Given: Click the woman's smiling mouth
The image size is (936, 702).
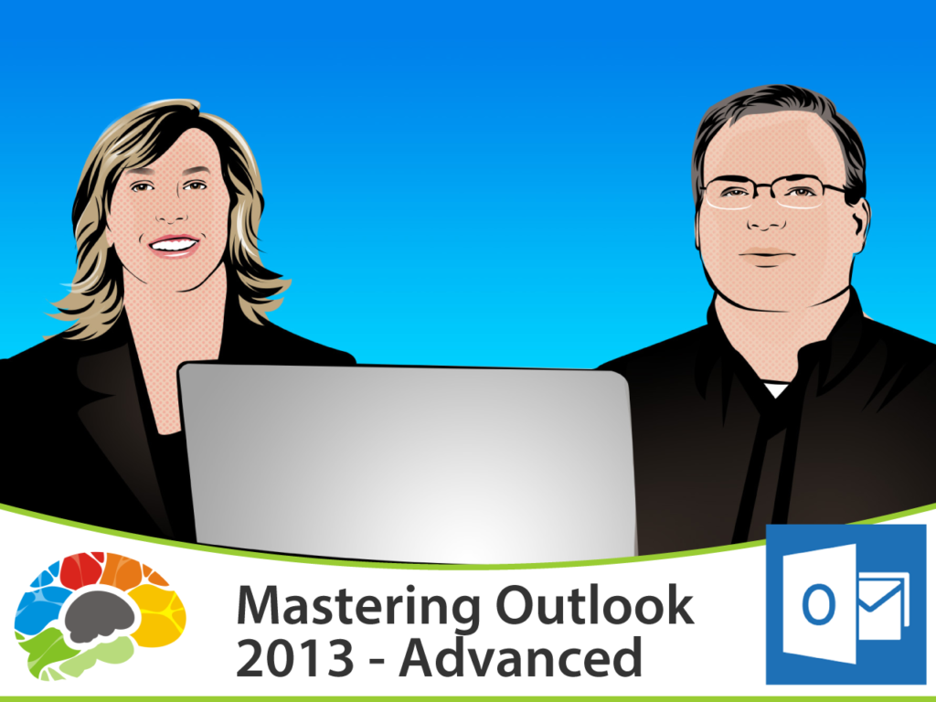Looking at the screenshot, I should coord(174,245).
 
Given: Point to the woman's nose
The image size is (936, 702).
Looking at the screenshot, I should coord(173,212).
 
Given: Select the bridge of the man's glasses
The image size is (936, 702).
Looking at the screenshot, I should coord(766,189).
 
